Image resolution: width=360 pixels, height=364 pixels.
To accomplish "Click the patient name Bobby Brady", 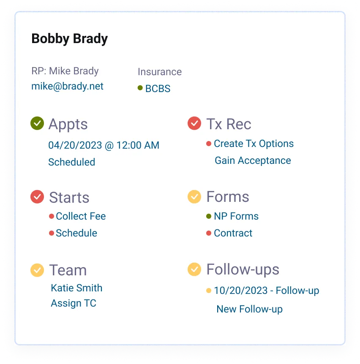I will [69, 39].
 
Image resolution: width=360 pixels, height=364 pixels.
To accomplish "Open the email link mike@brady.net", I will [67, 87].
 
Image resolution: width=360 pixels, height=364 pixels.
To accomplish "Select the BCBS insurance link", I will [158, 89].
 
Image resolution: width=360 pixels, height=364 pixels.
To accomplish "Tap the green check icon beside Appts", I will [37, 124].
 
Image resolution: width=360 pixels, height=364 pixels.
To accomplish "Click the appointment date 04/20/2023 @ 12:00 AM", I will [104, 146].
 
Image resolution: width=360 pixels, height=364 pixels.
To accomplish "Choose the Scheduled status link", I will [71, 162].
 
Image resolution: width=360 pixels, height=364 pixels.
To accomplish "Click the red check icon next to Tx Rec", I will [194, 124].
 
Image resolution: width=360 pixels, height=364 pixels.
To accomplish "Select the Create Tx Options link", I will [254, 144].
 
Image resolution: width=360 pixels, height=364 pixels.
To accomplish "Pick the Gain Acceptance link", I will [253, 160].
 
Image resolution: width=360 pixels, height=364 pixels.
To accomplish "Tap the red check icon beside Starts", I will [37, 197].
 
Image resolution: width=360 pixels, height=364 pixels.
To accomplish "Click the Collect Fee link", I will [81, 216].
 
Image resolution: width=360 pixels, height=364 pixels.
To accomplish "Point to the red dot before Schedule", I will [52, 233].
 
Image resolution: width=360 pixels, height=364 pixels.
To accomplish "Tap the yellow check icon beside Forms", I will [194, 196].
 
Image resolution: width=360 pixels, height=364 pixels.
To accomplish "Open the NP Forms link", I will [236, 216].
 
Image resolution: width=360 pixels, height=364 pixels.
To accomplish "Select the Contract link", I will [233, 233].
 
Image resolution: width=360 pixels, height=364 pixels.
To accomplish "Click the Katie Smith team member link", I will [76, 288].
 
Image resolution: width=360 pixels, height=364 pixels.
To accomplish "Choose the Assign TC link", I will [74, 303].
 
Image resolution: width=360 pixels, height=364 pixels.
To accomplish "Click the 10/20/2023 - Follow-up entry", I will [266, 291].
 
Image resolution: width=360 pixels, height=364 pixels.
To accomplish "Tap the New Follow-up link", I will [249, 309].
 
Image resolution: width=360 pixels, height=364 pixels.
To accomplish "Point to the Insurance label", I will [160, 72].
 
